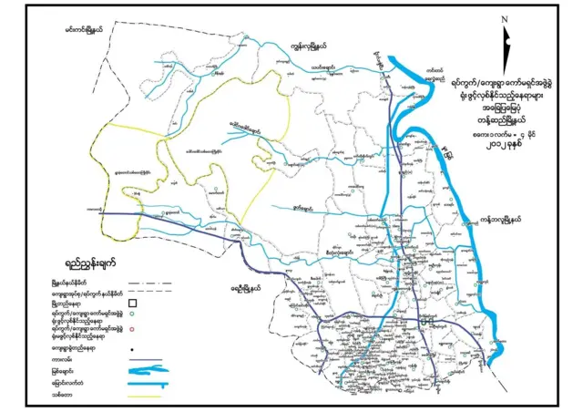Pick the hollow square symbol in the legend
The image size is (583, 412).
[x=131, y=303]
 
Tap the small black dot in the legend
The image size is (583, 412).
[x=131, y=348]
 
